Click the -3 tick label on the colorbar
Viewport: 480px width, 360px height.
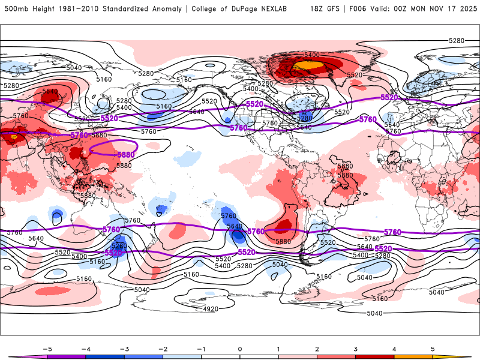124,349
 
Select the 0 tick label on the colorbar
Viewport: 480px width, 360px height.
240,349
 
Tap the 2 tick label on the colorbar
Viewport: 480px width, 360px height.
317,349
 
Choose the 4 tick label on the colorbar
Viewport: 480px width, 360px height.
394,349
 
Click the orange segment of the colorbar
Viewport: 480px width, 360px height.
413,356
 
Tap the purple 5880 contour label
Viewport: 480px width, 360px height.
125,155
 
